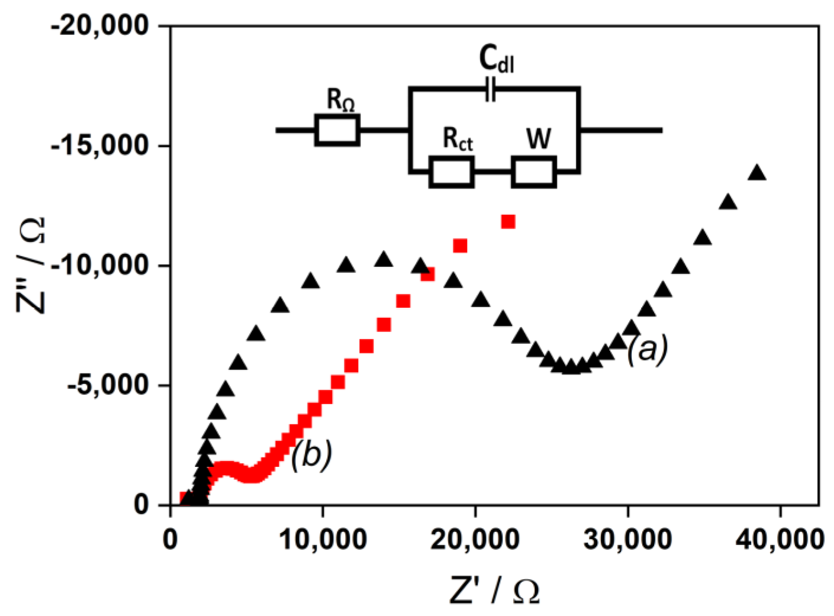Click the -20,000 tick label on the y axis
[x=99, y=26]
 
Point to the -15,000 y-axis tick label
[x=99, y=146]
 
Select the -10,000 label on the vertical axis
[x=99, y=265]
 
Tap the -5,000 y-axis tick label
[x=107, y=385]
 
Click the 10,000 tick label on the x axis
[x=323, y=539]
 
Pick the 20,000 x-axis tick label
[x=475, y=539]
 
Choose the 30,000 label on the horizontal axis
[x=627, y=539]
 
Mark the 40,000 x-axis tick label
[x=780, y=539]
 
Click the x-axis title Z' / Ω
[x=494, y=590]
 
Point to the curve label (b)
[x=311, y=455]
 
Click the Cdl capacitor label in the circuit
[x=496, y=60]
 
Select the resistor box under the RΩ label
[x=337, y=130]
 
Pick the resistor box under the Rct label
[x=451, y=172]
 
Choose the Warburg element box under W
[x=533, y=172]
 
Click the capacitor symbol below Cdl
[x=490, y=89]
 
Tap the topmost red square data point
[x=508, y=222]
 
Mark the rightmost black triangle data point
[x=757, y=173]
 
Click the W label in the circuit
[x=539, y=139]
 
